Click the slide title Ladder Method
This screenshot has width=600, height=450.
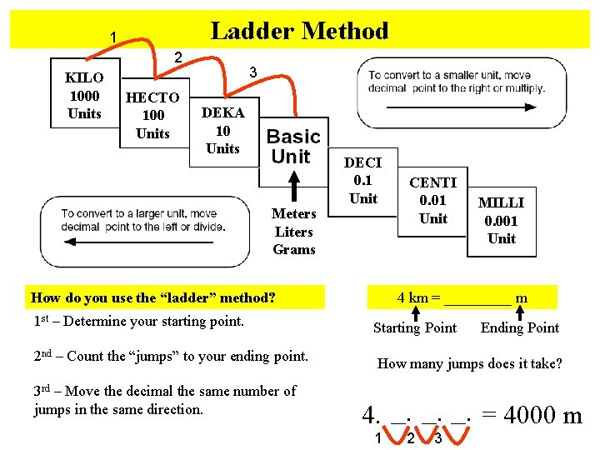(299, 32)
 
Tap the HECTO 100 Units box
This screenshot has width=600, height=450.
(152, 115)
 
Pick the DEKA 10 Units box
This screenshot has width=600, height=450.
(222, 131)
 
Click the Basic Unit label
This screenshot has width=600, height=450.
(293, 147)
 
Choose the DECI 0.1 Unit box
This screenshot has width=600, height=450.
(362, 181)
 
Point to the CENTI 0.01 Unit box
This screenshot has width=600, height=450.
(433, 201)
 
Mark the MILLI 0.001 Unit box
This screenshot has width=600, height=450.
(502, 221)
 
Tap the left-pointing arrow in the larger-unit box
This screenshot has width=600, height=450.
(142, 242)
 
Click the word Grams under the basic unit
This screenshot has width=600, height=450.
(294, 250)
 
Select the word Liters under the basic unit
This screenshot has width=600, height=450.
(294, 232)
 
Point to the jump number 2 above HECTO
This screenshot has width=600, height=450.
(177, 57)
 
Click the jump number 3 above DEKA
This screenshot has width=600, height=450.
(253, 73)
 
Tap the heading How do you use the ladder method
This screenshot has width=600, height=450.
(152, 297)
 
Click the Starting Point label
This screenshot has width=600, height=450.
(415, 327)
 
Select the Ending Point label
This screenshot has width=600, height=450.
(520, 327)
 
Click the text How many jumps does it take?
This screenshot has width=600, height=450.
(470, 364)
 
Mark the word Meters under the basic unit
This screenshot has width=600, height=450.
(294, 214)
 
